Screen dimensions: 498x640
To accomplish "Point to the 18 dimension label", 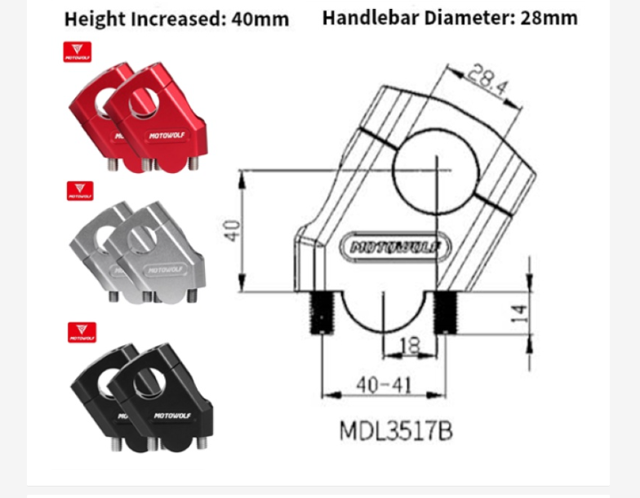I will click(411, 346).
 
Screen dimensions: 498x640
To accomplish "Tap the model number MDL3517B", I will click(395, 430).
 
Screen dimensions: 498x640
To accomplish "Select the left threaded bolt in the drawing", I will click(322, 312).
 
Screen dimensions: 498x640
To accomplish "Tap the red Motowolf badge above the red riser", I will click(78, 53).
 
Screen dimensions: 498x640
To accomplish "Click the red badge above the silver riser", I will click(79, 191).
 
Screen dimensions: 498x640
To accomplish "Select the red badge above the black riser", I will click(82, 331).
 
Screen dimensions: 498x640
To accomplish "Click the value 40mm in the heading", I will click(260, 19).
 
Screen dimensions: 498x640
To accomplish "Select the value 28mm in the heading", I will click(549, 18).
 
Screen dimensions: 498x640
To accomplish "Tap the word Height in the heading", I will click(91, 19).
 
